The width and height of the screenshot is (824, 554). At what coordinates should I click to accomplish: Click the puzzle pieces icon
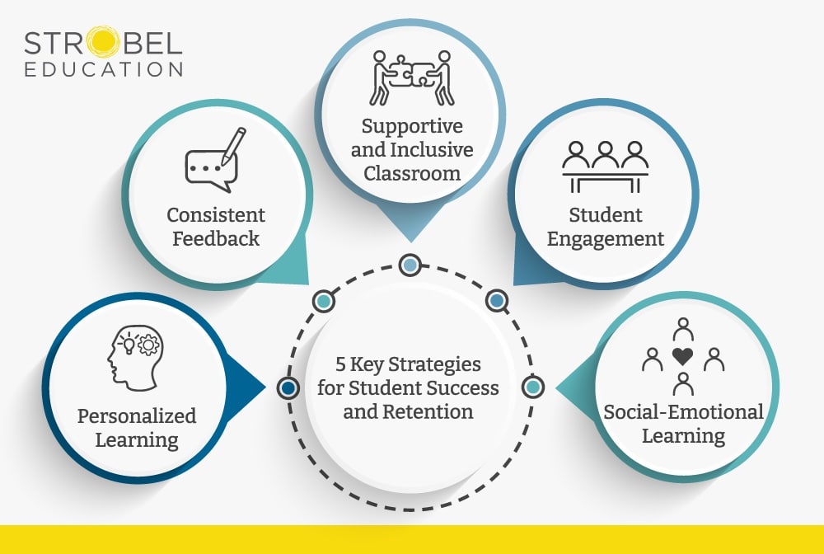[411, 78]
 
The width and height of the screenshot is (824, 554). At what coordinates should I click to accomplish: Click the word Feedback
[216, 238]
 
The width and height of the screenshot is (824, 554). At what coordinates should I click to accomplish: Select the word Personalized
[137, 415]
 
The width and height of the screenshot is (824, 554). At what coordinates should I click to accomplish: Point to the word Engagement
[606, 239]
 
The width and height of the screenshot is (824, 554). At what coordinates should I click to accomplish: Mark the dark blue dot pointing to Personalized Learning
[288, 387]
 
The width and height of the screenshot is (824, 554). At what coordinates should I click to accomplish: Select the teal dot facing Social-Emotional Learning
[533, 387]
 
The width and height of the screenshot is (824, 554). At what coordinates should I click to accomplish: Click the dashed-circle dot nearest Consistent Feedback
[324, 302]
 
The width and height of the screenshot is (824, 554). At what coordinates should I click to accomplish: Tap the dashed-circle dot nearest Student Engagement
[496, 302]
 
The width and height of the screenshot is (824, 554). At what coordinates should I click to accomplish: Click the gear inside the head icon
[147, 345]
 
